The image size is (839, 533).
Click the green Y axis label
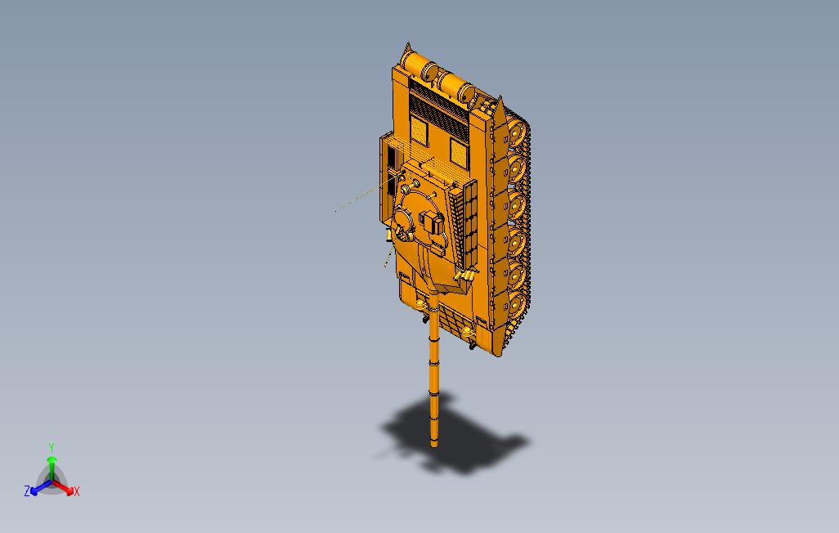tap(51, 447)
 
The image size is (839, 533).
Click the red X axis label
tap(76, 491)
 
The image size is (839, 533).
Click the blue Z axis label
tap(27, 491)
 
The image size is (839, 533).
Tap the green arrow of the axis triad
tap(51, 464)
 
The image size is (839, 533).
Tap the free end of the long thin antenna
tap(336, 211)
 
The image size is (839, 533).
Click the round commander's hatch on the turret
tap(405, 221)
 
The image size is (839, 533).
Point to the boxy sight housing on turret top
tap(431, 224)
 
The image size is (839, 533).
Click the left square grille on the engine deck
tap(419, 129)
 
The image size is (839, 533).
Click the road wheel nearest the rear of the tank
tap(516, 131)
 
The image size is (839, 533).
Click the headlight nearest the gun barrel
tap(422, 305)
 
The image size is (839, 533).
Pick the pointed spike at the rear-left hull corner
tap(405, 54)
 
